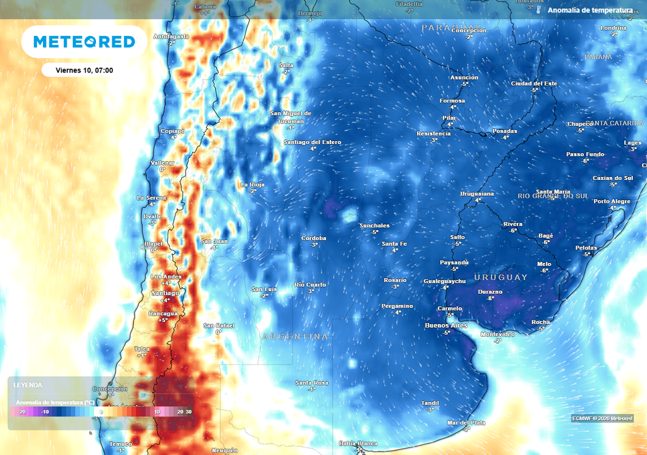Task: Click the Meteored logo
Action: tap(84, 42)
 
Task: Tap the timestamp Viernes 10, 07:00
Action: tap(84, 70)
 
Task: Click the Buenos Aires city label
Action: tap(446, 325)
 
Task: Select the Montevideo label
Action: tap(498, 334)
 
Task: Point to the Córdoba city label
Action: tap(313, 238)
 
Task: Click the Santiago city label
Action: tap(166, 293)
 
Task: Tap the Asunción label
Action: tap(464, 78)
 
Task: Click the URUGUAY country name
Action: tap(500, 277)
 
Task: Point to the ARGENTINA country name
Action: tap(295, 337)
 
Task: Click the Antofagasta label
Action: tap(171, 37)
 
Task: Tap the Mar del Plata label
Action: tap(466, 422)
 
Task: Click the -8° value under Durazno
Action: tap(490, 298)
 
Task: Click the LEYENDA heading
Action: tap(28, 385)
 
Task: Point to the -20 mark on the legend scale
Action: tap(22, 412)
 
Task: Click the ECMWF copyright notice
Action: tap(602, 418)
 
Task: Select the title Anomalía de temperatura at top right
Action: tap(590, 11)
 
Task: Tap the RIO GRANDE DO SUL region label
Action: tap(553, 197)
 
